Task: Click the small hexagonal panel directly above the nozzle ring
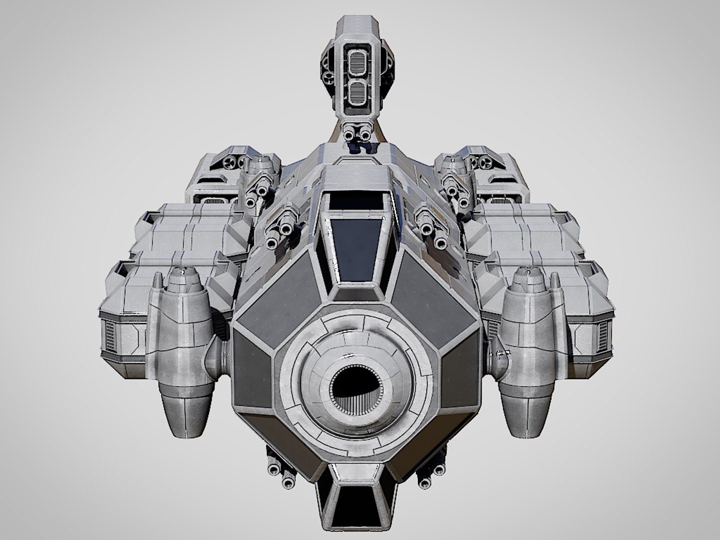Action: coord(355,292)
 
